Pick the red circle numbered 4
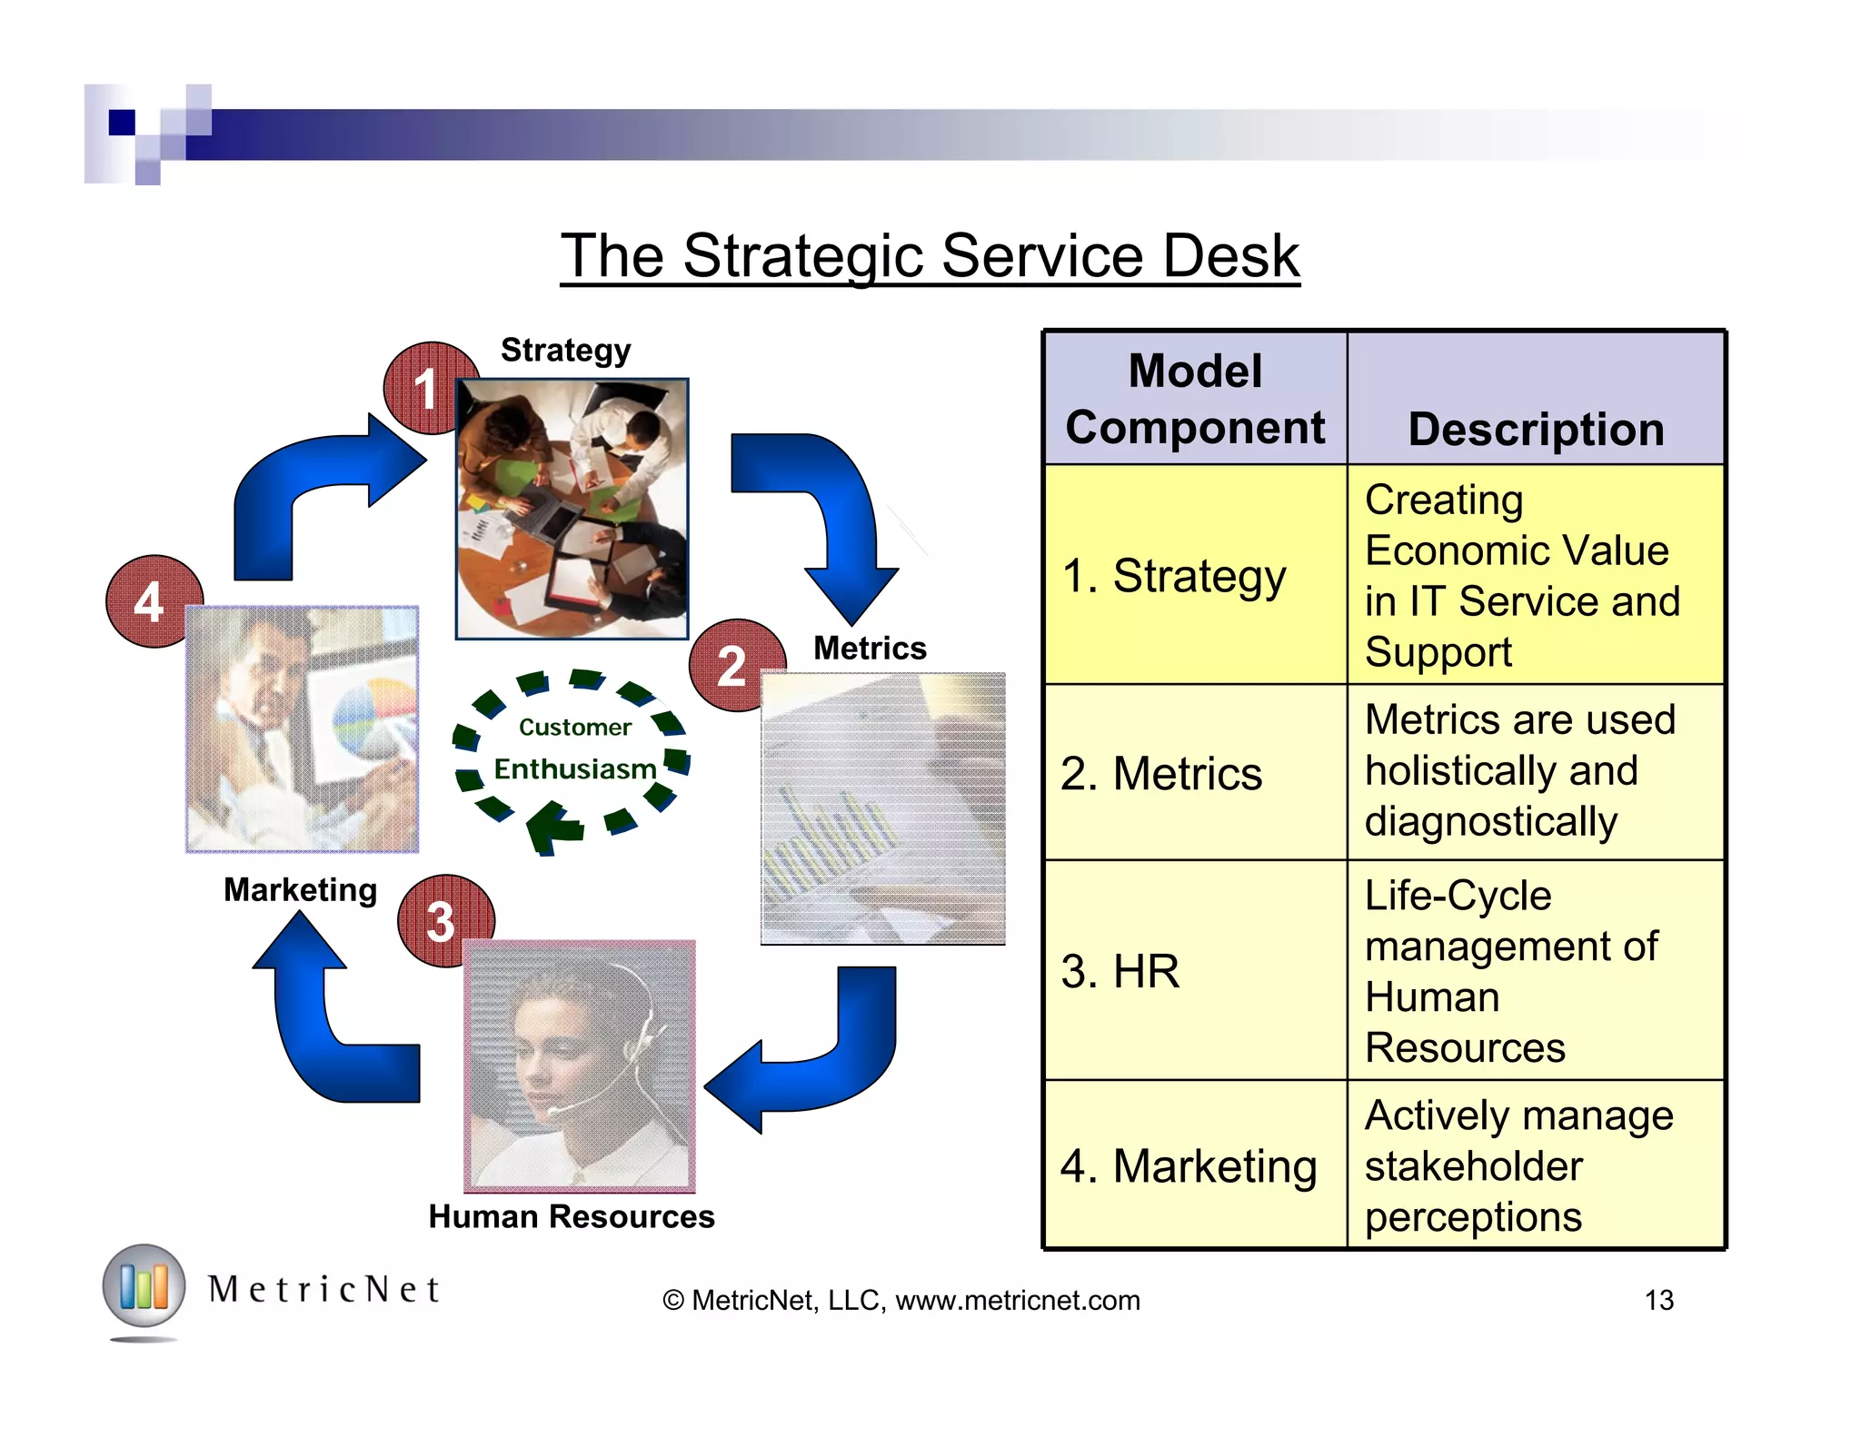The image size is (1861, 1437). (x=149, y=601)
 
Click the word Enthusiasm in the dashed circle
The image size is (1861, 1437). (x=574, y=769)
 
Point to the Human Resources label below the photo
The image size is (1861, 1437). (x=572, y=1216)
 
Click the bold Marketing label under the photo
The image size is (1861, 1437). (x=300, y=889)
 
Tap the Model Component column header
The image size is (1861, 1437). (x=1195, y=399)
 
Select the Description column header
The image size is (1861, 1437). (x=1536, y=429)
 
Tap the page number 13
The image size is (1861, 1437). (x=1658, y=1300)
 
